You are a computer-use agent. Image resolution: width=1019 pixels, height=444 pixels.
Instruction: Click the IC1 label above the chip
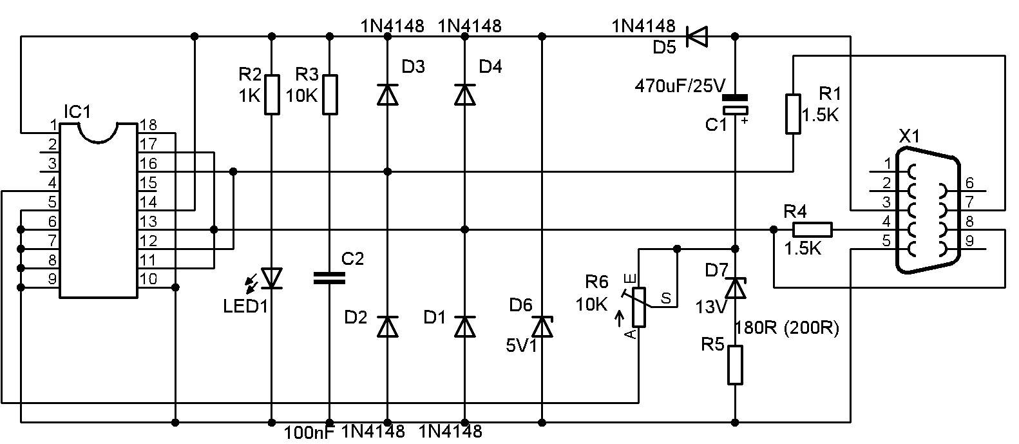(x=77, y=111)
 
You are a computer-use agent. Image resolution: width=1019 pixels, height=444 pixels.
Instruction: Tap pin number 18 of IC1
(x=148, y=124)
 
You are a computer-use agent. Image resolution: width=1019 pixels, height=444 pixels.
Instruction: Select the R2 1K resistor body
(x=272, y=95)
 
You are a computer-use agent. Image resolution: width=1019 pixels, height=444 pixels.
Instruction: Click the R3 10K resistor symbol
(x=330, y=95)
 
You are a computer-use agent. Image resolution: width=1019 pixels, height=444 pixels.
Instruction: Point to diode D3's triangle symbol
(x=388, y=95)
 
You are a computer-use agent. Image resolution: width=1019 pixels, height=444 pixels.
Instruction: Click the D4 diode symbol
(x=465, y=95)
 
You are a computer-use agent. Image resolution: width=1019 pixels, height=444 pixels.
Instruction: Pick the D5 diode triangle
(x=696, y=36)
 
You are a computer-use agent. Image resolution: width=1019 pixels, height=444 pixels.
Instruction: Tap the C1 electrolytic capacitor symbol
(x=735, y=104)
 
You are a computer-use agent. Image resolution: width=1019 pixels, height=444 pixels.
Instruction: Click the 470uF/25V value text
(x=680, y=86)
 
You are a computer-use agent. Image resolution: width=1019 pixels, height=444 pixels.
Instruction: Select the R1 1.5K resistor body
(x=794, y=113)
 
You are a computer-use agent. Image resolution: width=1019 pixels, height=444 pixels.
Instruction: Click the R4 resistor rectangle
(x=812, y=230)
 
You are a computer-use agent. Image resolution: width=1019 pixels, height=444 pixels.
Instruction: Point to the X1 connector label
(x=909, y=136)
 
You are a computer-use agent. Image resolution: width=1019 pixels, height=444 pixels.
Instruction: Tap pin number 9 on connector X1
(x=969, y=240)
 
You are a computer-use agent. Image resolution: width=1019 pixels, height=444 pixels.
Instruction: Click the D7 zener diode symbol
(x=735, y=287)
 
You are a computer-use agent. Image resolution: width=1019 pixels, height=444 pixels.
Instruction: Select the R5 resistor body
(x=735, y=365)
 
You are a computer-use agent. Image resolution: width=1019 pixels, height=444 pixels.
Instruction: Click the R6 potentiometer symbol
(x=639, y=307)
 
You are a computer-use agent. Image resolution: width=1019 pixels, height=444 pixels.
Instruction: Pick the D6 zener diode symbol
(x=542, y=326)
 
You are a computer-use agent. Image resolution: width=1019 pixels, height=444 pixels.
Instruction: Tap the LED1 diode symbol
(x=272, y=278)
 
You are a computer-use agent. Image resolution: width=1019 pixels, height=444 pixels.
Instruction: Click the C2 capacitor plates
(x=329, y=278)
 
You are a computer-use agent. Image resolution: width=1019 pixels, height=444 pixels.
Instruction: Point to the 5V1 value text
(x=522, y=346)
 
